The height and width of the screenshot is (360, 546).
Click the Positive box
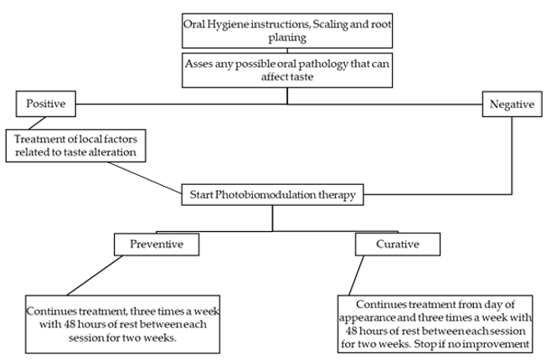45,104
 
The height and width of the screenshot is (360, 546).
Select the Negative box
512,104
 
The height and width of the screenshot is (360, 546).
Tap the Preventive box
157,244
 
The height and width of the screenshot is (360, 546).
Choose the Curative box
398,244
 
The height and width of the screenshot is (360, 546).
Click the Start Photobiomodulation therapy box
273,194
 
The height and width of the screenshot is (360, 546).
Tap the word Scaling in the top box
326,24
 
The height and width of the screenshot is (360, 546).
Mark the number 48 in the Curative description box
353,331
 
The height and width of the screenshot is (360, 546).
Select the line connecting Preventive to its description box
95,275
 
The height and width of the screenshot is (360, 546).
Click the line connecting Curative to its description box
357,275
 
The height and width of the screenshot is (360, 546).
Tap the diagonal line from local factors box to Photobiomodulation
145,177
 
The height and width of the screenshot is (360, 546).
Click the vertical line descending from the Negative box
512,155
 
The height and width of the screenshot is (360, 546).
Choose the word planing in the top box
287,38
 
